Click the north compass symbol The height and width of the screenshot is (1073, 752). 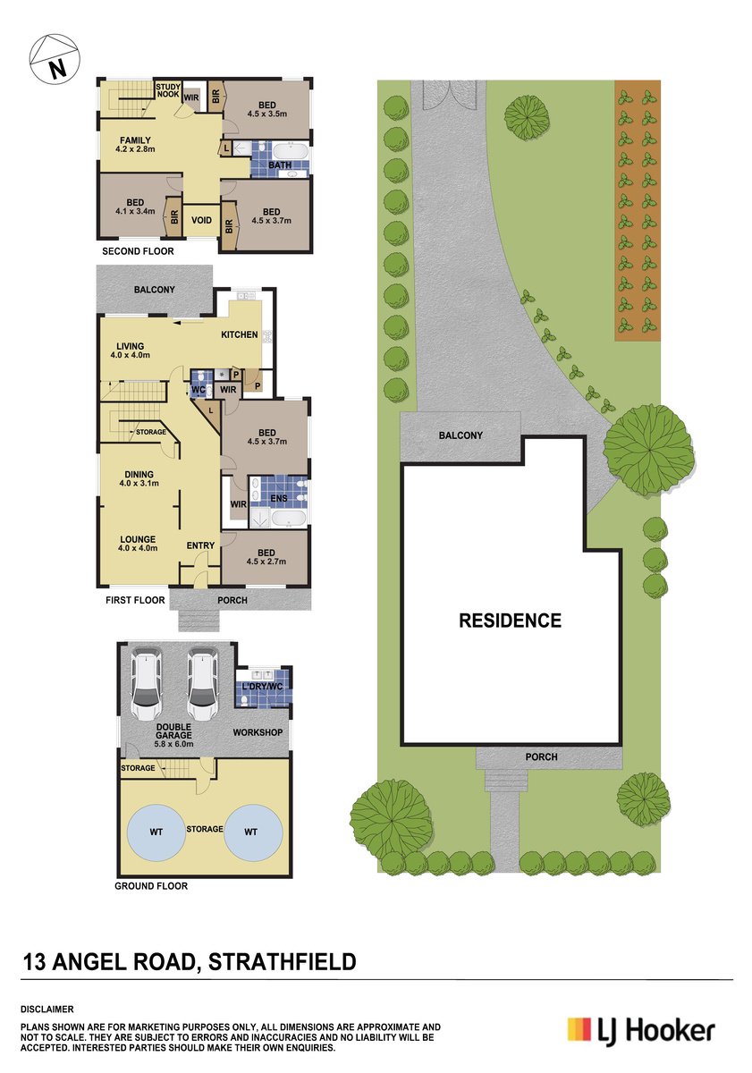55,59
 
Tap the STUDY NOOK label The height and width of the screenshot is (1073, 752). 168,90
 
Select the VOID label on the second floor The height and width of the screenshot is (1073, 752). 201,220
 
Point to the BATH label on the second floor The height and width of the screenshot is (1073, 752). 280,165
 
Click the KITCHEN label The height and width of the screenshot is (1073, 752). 240,334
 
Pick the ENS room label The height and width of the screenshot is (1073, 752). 279,498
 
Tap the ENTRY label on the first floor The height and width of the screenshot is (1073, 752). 200,545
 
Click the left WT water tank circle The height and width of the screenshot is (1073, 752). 156,832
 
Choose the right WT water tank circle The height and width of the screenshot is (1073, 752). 253,832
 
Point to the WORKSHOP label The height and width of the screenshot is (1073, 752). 258,732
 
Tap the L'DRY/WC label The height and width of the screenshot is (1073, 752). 263,687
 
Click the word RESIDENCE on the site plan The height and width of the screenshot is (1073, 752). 510,621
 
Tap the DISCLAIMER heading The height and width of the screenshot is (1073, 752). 46,1010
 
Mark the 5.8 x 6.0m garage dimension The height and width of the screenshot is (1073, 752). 173,744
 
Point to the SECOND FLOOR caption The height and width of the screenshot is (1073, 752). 138,251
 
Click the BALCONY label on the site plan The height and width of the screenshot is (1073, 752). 460,435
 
